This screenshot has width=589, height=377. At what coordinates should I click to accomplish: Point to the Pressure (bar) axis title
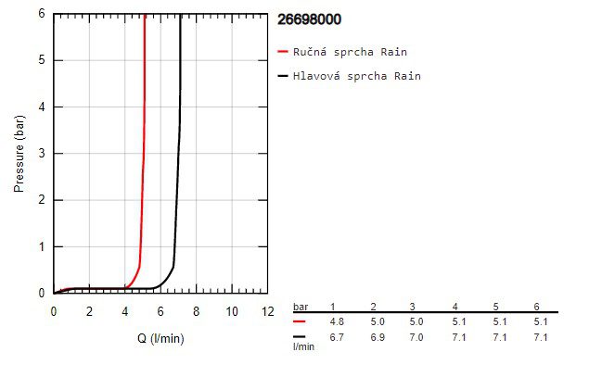[x=19, y=154]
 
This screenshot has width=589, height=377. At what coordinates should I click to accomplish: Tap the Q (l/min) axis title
[x=160, y=338]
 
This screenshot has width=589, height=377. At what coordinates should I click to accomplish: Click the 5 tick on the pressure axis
[x=43, y=60]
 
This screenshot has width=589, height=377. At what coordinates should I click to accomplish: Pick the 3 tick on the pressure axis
[x=43, y=154]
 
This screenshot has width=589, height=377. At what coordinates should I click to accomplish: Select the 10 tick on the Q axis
[x=232, y=311]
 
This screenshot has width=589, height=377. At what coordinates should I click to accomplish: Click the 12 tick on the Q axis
[x=267, y=311]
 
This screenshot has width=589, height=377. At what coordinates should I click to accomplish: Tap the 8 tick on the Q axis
[x=196, y=311]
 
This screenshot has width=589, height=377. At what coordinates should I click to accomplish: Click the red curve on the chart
[x=144, y=139]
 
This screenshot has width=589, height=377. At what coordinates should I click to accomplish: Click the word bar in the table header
[x=301, y=307]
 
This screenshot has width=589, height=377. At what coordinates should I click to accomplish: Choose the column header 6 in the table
[x=535, y=307]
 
